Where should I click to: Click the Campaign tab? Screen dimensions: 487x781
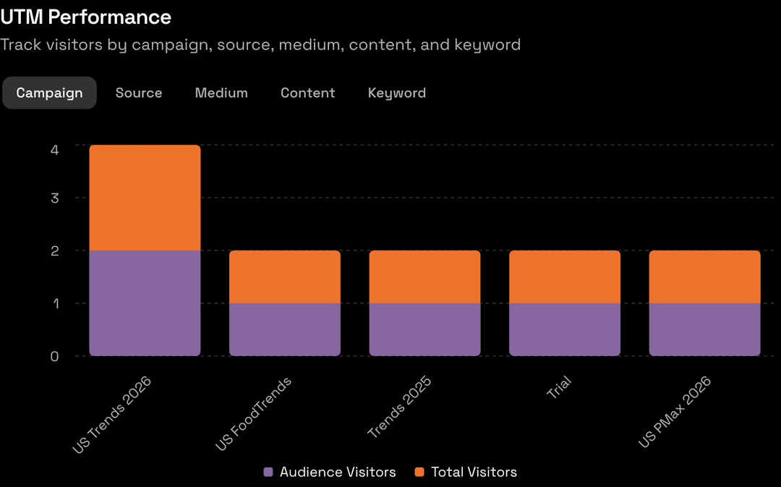click(x=49, y=93)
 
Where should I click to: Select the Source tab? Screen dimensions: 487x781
click(x=139, y=93)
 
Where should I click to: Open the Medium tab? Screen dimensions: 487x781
click(x=221, y=93)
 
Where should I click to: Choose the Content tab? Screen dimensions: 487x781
click(x=307, y=93)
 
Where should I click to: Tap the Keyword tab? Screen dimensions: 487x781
click(x=396, y=93)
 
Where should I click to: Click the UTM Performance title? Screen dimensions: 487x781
click(x=86, y=17)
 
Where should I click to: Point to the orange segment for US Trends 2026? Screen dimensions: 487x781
click(x=145, y=198)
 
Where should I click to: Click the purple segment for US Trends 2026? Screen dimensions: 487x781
click(x=145, y=302)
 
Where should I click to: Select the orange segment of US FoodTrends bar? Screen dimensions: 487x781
click(x=285, y=276)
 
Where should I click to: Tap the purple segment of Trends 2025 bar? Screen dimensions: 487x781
click(x=424, y=329)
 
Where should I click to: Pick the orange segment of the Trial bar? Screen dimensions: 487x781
click(x=565, y=276)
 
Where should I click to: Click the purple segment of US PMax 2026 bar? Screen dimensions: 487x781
click(x=704, y=329)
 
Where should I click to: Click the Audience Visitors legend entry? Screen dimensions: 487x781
click(x=330, y=472)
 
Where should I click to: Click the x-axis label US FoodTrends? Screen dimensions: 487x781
click(x=254, y=414)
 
